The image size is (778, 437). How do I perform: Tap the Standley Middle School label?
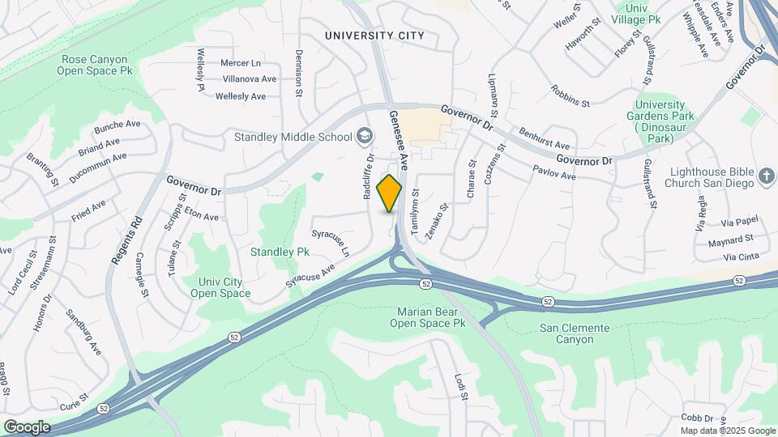(x=292, y=136)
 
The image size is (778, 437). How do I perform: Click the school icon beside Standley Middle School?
(x=365, y=136)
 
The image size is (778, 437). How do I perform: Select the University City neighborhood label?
(x=374, y=36)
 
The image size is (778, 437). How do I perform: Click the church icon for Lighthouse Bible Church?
(x=767, y=175)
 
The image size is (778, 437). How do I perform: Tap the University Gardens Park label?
(x=665, y=121)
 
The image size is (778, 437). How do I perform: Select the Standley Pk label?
(x=280, y=252)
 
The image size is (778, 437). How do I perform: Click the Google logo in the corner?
(x=27, y=426)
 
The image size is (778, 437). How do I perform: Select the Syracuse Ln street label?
(x=331, y=243)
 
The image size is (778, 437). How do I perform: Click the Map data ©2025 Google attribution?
(x=727, y=431)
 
